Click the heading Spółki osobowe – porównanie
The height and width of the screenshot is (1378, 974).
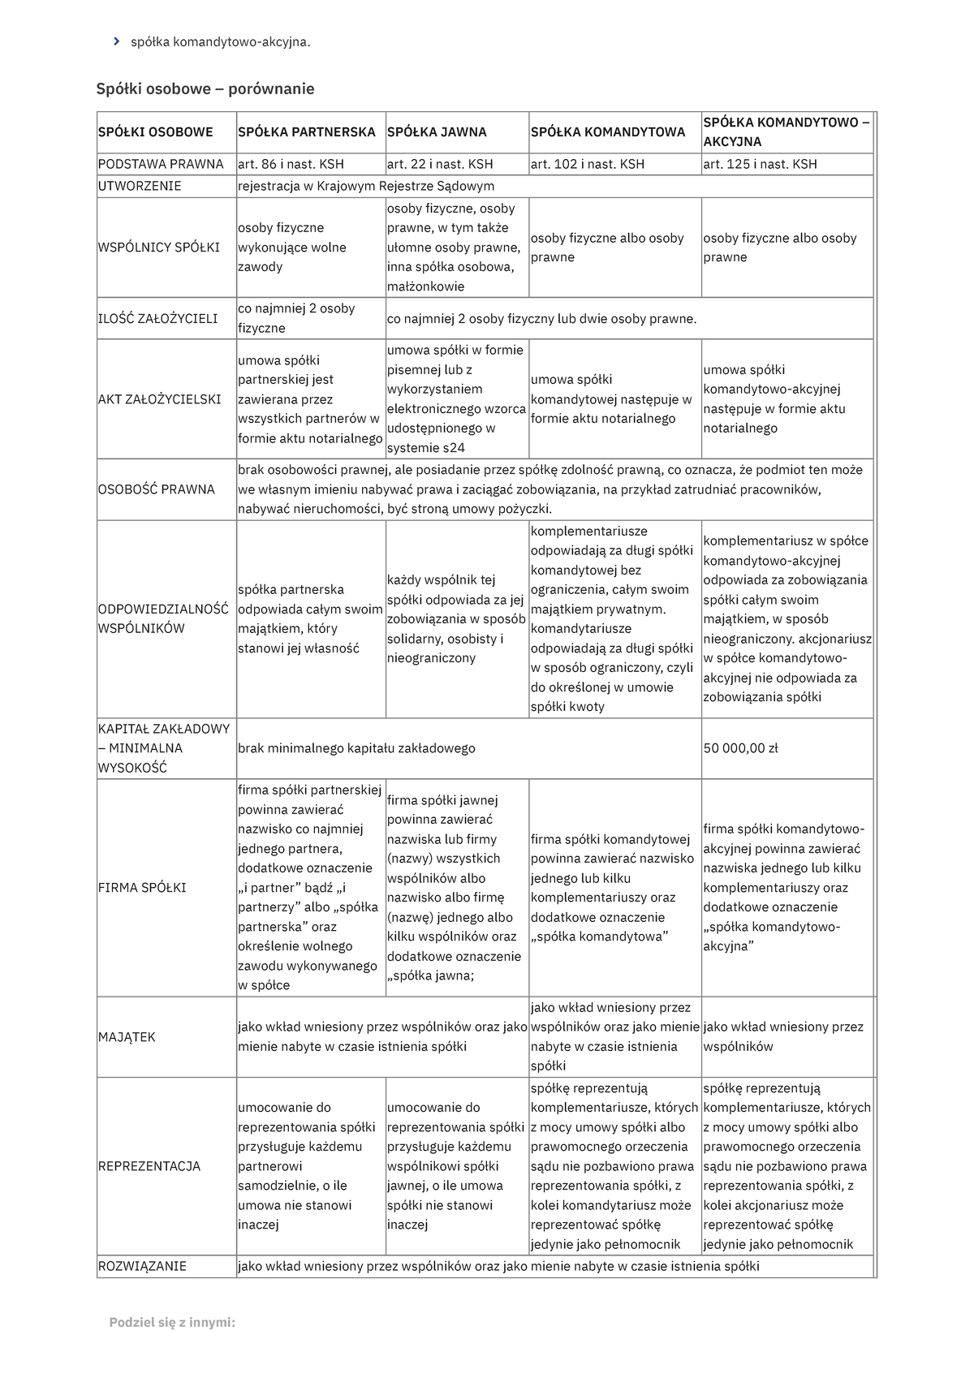point(205,88)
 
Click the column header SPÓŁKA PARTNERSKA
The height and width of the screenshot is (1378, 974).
point(306,131)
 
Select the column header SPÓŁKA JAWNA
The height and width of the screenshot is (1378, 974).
point(437,131)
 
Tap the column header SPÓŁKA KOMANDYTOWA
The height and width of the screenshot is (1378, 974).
point(608,131)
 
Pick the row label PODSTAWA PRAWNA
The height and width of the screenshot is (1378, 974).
point(161,164)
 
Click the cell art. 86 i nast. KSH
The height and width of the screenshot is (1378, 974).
point(291,164)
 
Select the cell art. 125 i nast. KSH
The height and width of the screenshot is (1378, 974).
point(760,164)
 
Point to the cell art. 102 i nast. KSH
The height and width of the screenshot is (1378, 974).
point(587,164)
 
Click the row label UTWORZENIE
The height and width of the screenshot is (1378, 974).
point(140,186)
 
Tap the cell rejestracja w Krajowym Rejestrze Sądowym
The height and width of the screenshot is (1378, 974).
point(365,186)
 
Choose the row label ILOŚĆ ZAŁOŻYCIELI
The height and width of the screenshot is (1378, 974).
point(157,318)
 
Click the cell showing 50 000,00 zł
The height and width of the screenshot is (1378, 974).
point(740,748)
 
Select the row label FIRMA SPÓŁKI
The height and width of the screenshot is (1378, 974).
point(142,888)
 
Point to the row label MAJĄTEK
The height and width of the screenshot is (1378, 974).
point(127,1037)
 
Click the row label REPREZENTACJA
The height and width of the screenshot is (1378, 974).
point(149,1166)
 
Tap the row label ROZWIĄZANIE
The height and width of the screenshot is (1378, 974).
point(142,1266)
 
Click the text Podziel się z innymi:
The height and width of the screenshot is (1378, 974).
point(172,1323)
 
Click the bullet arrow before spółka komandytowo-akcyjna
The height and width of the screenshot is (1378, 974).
point(116,41)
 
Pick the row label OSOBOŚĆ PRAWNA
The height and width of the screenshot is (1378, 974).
point(156,489)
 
